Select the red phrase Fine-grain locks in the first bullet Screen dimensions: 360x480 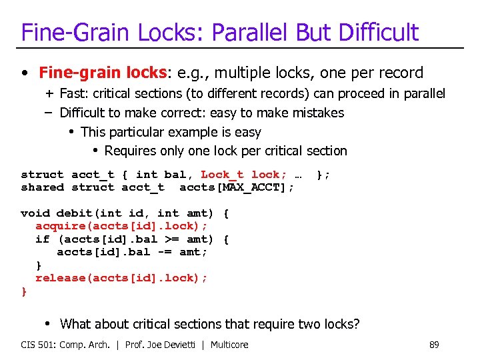102,73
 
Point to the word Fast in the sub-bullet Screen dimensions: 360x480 73,94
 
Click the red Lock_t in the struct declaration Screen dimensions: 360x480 222,175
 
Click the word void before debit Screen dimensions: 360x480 35,213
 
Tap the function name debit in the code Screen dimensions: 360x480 74,213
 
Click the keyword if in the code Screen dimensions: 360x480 42,239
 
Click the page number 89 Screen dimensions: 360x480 434,345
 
